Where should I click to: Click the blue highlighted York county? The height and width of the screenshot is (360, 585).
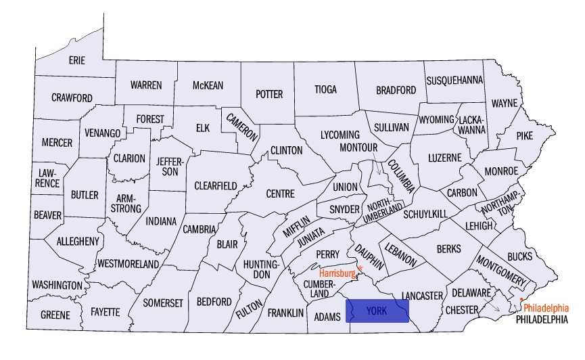click(x=377, y=311)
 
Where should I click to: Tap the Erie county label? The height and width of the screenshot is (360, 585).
click(x=77, y=60)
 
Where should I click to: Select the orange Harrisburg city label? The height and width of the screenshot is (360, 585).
click(x=337, y=273)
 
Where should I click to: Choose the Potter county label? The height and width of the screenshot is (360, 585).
click(x=268, y=94)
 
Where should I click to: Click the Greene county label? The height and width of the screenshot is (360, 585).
click(x=55, y=315)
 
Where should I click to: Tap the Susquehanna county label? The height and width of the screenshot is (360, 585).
click(x=454, y=80)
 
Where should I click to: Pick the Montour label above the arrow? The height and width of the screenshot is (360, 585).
click(x=358, y=148)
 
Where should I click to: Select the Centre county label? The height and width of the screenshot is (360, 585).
click(x=280, y=194)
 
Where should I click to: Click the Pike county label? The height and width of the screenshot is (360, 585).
click(x=525, y=135)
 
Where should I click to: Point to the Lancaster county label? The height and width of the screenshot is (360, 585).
click(x=421, y=296)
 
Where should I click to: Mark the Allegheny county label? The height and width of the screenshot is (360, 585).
click(x=78, y=241)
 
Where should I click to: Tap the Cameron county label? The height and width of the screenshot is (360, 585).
click(x=242, y=126)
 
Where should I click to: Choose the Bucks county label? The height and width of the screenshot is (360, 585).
click(x=519, y=256)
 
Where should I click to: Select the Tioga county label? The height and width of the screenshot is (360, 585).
click(x=325, y=89)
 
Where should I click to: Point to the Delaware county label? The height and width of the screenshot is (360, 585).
click(x=471, y=293)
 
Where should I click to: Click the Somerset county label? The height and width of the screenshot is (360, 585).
click(x=163, y=303)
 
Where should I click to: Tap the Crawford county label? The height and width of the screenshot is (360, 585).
click(x=72, y=98)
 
